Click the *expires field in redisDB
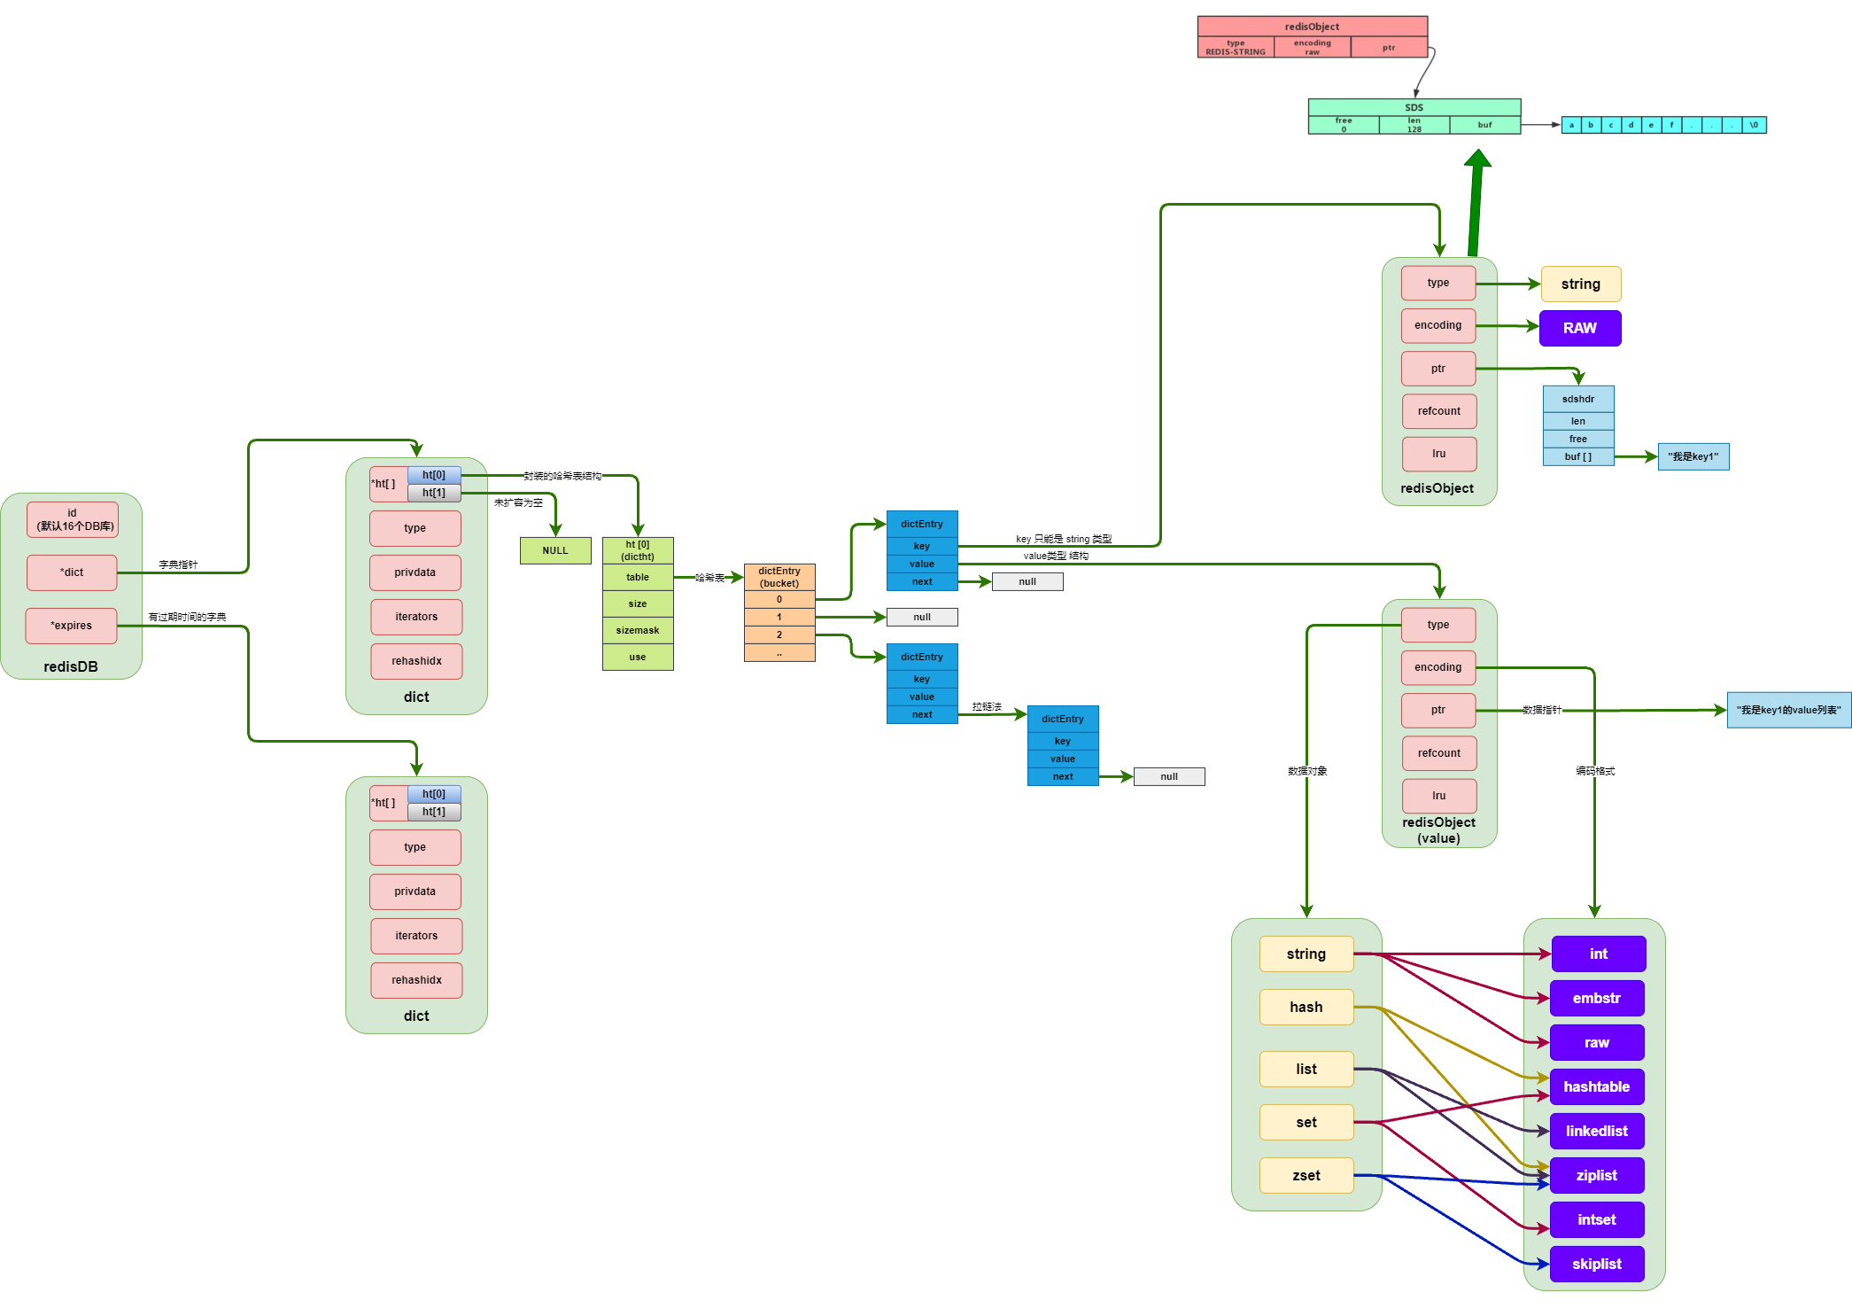(71, 626)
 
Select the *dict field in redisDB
(72, 572)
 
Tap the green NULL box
(555, 550)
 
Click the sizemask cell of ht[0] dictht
(638, 630)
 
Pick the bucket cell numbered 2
(779, 635)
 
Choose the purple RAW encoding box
(1580, 328)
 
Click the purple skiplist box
(1597, 1264)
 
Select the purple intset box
(1597, 1219)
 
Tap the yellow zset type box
(1306, 1175)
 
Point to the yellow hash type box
(1306, 1007)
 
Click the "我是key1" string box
(1693, 456)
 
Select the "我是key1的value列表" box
(1788, 710)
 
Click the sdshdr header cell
(1578, 399)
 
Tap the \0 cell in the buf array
(1754, 125)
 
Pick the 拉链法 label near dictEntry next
(987, 706)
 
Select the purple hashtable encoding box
(1597, 1086)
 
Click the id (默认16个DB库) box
(72, 519)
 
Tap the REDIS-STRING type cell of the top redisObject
(1236, 48)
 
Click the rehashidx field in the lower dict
(416, 980)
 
